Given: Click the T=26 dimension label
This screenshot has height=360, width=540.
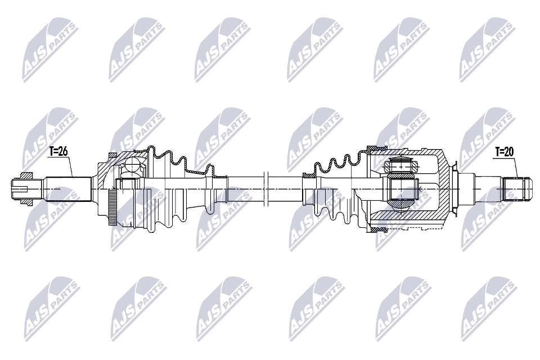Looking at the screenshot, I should [x=58, y=151].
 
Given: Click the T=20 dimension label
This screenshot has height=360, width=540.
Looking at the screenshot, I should [x=505, y=151].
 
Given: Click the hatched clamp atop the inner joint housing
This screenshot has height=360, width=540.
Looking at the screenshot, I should [x=375, y=148].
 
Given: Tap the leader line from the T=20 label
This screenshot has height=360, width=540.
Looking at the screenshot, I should [x=516, y=166].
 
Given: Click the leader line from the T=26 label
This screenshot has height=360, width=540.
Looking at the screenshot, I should [x=71, y=166].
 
